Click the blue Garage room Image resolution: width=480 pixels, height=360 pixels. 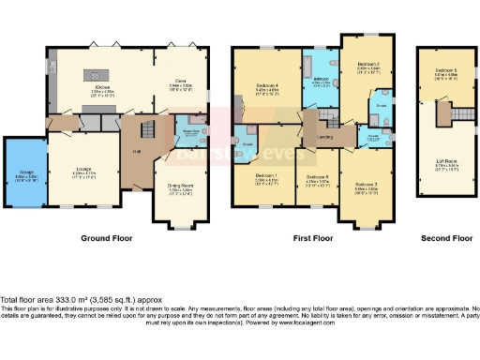[22, 172]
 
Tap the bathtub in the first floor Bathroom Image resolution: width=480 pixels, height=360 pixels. [310, 68]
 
